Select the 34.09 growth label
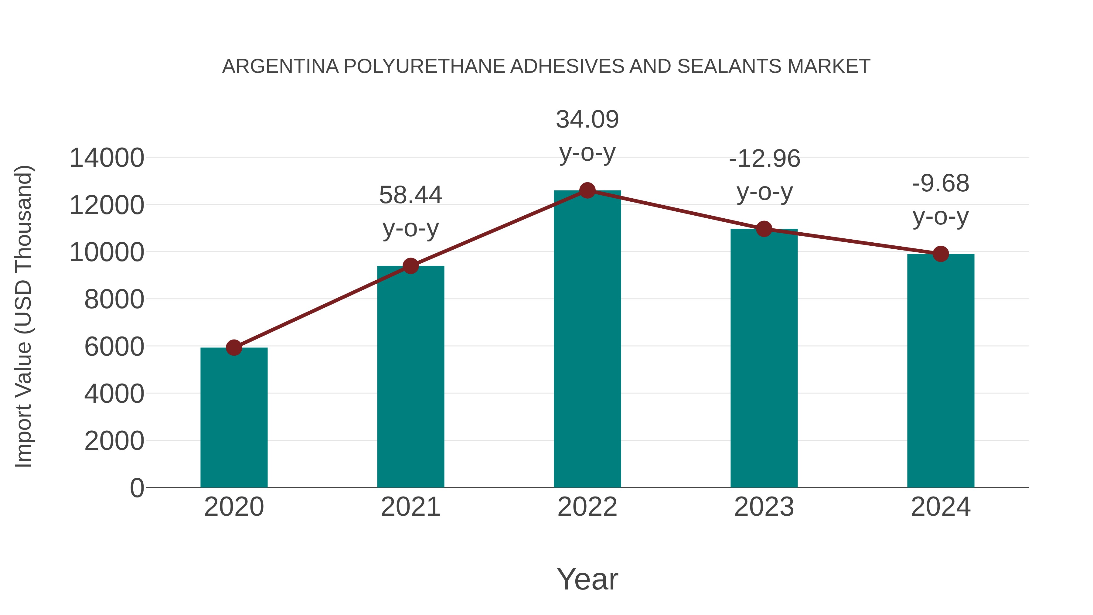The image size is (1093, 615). pyautogui.click(x=587, y=119)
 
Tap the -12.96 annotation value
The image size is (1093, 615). pyautogui.click(x=764, y=159)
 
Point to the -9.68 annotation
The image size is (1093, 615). pyautogui.click(x=941, y=183)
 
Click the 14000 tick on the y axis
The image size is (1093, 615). pyautogui.click(x=107, y=158)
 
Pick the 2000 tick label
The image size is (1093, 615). pyautogui.click(x=114, y=441)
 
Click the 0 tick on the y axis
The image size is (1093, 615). pyautogui.click(x=137, y=488)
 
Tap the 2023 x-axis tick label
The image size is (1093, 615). pyautogui.click(x=764, y=507)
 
